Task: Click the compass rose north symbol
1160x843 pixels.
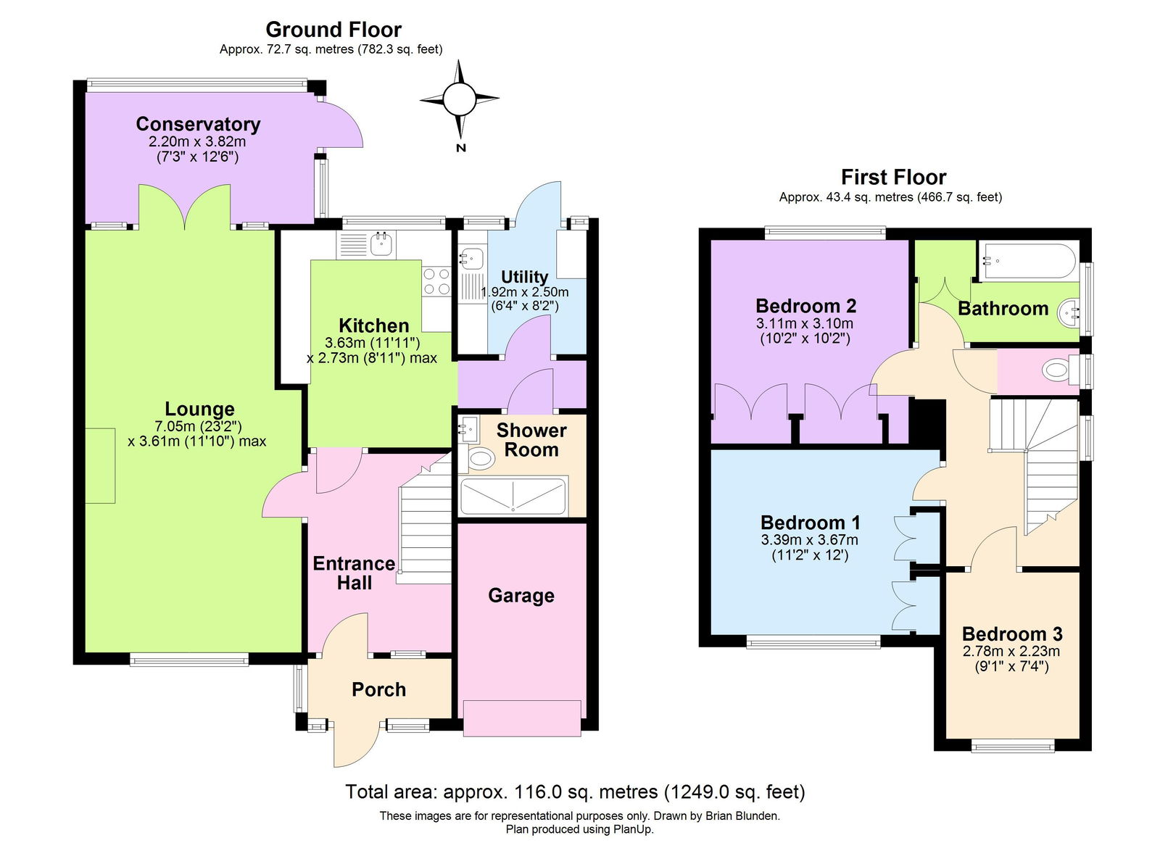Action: [460, 99]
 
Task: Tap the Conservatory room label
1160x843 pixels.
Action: [198, 124]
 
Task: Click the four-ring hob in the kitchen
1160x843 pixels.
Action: [436, 281]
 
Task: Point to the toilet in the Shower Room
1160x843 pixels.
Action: [479, 458]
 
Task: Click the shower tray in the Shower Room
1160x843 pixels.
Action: [513, 496]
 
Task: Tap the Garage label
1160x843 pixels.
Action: [521, 595]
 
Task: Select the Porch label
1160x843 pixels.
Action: [378, 689]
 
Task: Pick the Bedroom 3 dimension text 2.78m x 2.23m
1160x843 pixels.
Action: [1011, 651]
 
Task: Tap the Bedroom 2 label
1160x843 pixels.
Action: [805, 305]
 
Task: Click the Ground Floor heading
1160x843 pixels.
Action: [333, 30]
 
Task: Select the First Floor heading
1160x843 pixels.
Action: [893, 177]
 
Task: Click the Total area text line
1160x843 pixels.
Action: [574, 792]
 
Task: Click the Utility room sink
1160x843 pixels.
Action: [471, 257]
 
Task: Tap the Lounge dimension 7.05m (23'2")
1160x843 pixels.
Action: [197, 426]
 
